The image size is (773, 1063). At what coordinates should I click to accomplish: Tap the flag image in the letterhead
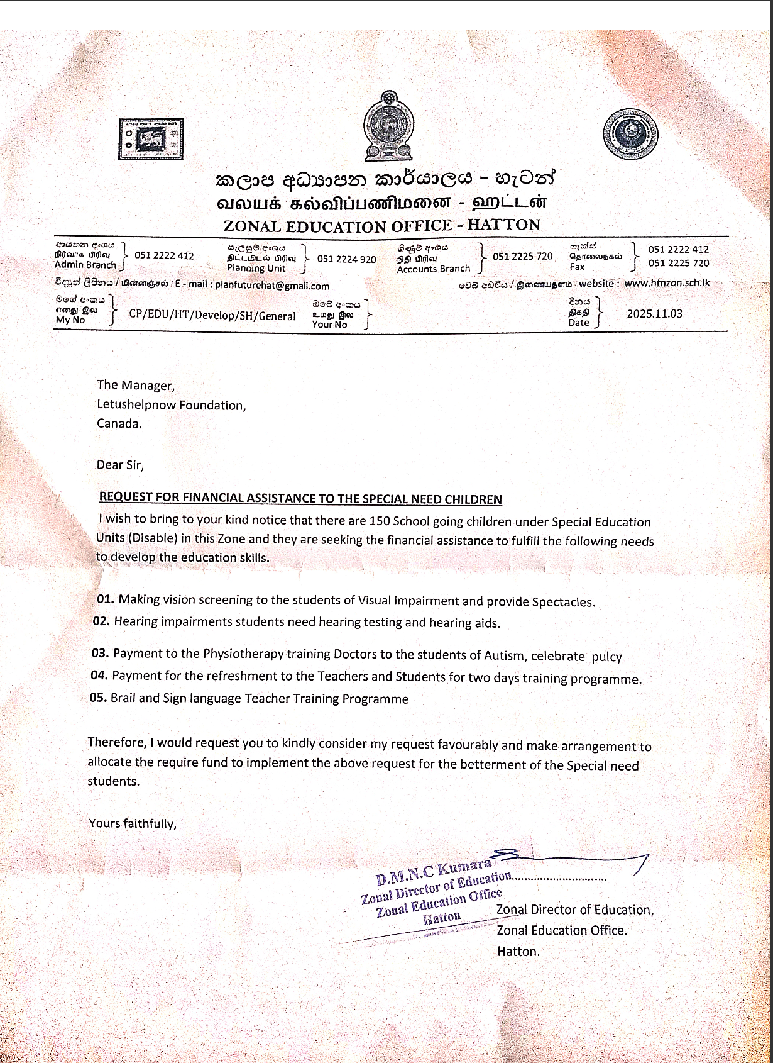point(151,138)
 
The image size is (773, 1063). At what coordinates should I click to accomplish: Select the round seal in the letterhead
point(630,134)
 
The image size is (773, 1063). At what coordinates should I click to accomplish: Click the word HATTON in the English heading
point(504,225)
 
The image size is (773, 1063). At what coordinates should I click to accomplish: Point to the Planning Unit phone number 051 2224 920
point(346,259)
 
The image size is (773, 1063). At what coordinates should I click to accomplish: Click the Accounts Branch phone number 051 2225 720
point(522,256)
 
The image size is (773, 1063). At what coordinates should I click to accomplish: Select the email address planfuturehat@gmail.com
point(272,285)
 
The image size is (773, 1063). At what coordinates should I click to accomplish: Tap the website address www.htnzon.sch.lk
point(667,283)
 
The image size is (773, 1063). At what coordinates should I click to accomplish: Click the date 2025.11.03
point(654,314)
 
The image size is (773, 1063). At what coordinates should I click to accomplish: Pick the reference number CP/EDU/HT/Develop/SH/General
point(212,316)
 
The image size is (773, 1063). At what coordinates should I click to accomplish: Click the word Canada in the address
point(118,423)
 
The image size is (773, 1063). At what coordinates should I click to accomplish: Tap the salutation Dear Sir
point(120,465)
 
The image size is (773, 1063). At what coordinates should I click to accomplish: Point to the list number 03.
point(100,653)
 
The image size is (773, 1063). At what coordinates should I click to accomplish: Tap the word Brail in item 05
point(123,698)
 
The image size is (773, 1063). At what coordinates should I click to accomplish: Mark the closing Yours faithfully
point(133,823)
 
